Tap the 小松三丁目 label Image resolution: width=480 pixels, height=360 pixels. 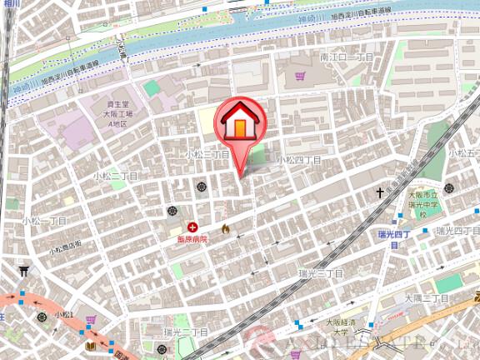pyautogui.click(x=207, y=155)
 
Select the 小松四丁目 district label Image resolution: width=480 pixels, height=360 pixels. pyautogui.click(x=299, y=158)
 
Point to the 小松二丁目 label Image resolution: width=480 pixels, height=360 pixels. pyautogui.click(x=115, y=177)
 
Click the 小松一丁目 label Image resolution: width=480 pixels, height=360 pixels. pyautogui.click(x=44, y=221)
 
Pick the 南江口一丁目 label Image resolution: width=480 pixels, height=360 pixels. pyautogui.click(x=347, y=57)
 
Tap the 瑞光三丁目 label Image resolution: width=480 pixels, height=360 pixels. pyautogui.click(x=321, y=272)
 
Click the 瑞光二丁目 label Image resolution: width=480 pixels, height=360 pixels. pyautogui.click(x=186, y=332)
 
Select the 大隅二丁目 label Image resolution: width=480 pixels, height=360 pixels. pyautogui.click(x=427, y=297)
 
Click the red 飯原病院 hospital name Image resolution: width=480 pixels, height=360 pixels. pyautogui.click(x=192, y=238)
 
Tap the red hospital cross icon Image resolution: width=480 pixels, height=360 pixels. pyautogui.click(x=193, y=226)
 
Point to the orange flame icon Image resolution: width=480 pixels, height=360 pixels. pyautogui.click(x=224, y=227)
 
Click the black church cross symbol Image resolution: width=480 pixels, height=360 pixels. pyautogui.click(x=380, y=192)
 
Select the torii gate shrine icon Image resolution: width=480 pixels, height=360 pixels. pyautogui.click(x=23, y=270)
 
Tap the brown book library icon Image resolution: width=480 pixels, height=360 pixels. pyautogui.click(x=90, y=345)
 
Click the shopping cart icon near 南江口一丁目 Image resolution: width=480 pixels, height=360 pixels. pyautogui.click(x=299, y=77)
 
